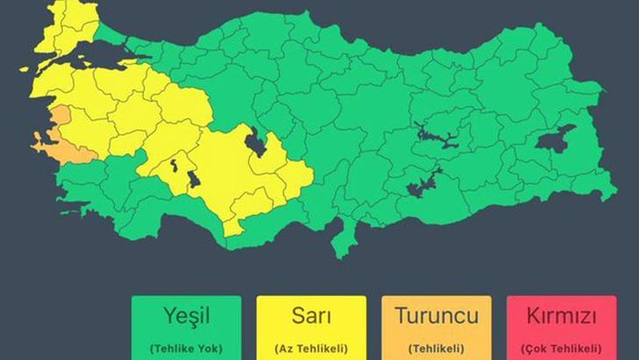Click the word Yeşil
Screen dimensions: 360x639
click(x=186, y=315)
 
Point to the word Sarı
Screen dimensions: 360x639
click(x=312, y=315)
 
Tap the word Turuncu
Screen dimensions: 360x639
click(x=436, y=315)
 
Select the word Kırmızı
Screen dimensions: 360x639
click(x=561, y=315)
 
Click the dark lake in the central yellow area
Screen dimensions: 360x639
click(x=257, y=141)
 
